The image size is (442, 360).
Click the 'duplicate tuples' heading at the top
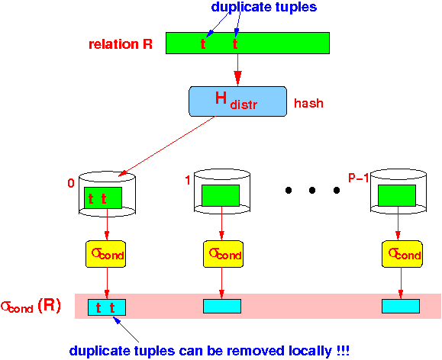pos(264,7)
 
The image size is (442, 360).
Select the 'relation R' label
pos(121,44)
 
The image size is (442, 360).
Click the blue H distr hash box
pos(237,101)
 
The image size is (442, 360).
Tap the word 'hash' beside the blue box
pos(308,103)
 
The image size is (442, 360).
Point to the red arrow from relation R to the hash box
pos(237,70)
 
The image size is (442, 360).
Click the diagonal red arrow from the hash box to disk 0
pos(167,146)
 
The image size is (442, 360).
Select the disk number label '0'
pos(71,183)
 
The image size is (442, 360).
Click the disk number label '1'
pos(188,180)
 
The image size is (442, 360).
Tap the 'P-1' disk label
pos(359,178)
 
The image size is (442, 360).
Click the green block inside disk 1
pos(221,195)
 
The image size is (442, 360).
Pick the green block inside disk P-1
pos(397,195)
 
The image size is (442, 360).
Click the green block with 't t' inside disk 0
pos(103,198)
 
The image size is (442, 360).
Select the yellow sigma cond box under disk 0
pos(105,254)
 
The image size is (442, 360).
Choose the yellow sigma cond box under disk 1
pos(223,254)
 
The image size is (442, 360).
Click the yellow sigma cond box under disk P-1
pos(402,254)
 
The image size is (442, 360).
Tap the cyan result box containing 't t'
pos(107,307)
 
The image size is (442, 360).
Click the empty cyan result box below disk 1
pos(222,306)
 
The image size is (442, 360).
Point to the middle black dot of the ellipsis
pos(312,191)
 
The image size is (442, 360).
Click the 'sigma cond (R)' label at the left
pos(31,306)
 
